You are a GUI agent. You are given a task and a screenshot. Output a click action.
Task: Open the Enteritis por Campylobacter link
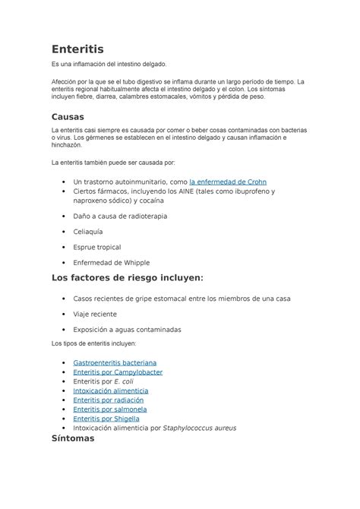pos(118,372)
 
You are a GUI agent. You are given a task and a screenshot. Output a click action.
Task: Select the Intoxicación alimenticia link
pos(111,390)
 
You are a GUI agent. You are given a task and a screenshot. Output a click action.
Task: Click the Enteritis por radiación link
pos(109,400)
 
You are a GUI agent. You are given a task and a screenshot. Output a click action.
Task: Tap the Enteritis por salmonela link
pos(110,409)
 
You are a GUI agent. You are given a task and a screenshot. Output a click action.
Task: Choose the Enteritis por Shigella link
pos(107,418)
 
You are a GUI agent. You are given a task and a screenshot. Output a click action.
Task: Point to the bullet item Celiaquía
pos(88,232)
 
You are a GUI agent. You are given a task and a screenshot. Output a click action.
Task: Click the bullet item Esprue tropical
pos(96,247)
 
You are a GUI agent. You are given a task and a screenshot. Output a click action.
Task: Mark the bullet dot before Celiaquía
pos(62,232)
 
